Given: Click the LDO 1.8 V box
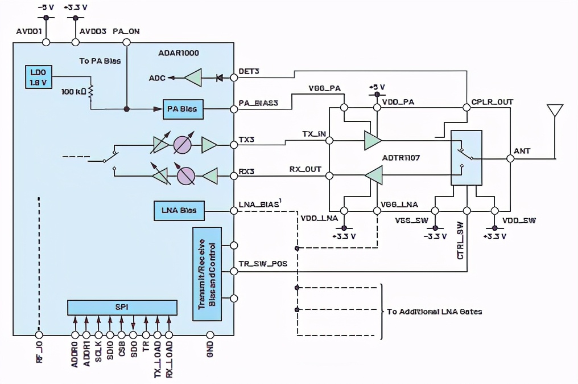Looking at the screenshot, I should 38,76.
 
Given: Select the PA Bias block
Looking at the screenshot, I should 183,109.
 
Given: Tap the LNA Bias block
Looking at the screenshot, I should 178,210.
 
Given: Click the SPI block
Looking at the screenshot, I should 122,307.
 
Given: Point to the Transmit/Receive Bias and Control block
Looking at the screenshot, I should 207,273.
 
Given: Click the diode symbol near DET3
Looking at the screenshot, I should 219,77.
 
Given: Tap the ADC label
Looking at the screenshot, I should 157,77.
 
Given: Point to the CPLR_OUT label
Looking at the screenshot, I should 492,102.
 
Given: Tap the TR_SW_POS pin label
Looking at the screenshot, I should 263,264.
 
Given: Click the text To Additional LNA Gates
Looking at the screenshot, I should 434,312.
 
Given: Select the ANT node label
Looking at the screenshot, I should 522,151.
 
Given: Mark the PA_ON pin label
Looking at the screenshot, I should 126,32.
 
